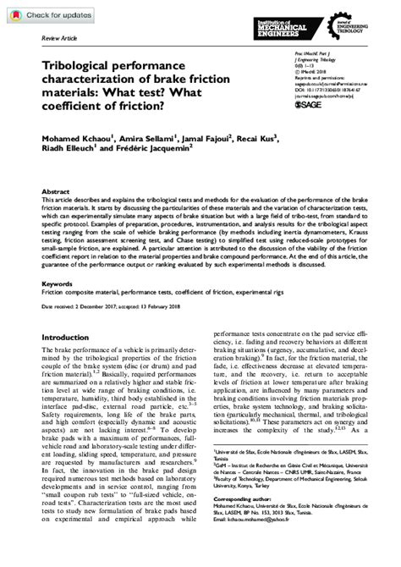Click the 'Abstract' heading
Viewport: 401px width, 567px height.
[x=55, y=192]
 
